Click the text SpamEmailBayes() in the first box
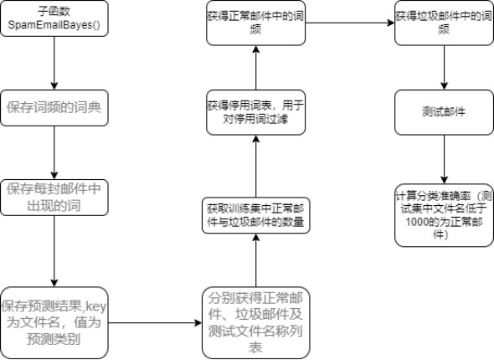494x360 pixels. [x=54, y=25]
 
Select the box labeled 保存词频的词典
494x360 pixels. [x=54, y=108]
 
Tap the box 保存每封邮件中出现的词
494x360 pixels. [x=54, y=198]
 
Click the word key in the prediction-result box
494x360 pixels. [x=96, y=306]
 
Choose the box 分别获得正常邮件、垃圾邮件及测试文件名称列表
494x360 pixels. [x=256, y=323]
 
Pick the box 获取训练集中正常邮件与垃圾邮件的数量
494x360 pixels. [x=256, y=215]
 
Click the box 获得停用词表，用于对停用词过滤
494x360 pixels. [x=256, y=112]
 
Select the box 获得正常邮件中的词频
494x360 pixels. [x=256, y=23]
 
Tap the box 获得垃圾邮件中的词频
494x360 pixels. [x=444, y=23]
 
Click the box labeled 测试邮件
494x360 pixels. [x=444, y=112]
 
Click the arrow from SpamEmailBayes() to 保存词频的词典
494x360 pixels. [x=54, y=64]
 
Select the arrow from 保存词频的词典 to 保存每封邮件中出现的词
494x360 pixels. [x=54, y=153]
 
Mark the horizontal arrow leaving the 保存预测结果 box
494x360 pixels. [x=155, y=322]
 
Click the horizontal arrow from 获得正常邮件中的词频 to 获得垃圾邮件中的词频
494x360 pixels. [x=350, y=23]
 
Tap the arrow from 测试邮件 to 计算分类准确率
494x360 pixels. [x=444, y=159]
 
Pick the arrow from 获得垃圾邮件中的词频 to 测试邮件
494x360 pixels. [x=444, y=68]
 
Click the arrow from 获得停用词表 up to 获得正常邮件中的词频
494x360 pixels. [x=256, y=68]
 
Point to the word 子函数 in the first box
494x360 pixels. [x=54, y=11]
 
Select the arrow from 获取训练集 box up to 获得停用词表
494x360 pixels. [x=256, y=167]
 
